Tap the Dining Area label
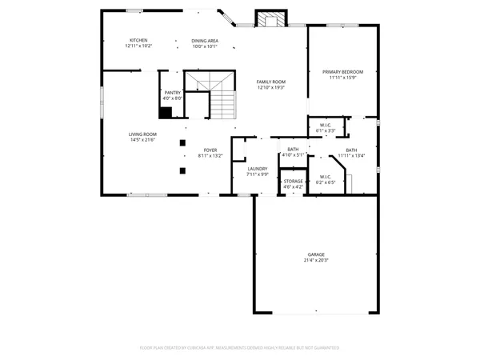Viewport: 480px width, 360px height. tap(205, 40)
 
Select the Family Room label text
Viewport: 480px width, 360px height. tap(271, 82)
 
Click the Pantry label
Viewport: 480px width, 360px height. tap(172, 92)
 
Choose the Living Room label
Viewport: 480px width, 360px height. tap(142, 134)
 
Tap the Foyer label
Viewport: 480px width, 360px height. tap(210, 150)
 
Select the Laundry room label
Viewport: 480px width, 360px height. tap(257, 168)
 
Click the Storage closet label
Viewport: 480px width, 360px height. tap(294, 182)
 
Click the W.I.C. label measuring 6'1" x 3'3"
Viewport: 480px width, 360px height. tap(326, 125)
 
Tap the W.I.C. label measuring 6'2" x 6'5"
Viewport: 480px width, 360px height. tap(325, 177)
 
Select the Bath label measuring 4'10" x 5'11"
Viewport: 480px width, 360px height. tap(294, 150)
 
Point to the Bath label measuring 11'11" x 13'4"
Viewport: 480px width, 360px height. tap(351, 150)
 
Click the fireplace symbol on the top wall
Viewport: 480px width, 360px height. tap(267, 20)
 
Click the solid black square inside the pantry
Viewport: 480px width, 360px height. tap(165, 112)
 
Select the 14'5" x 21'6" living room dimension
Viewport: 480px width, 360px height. tap(142, 140)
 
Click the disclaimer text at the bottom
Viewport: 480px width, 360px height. tap(240, 348)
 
